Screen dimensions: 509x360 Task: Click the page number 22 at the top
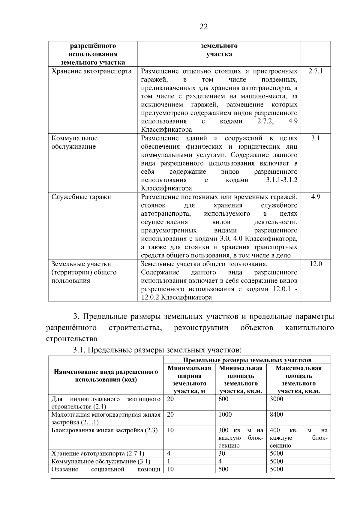click(203, 27)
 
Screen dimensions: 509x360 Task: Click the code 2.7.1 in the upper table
click(315, 71)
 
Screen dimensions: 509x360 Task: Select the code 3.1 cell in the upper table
click(315, 138)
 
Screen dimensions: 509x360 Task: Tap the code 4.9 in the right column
click(315, 197)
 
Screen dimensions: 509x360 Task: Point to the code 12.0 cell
click(316, 264)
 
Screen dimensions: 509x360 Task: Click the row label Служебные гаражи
click(81, 197)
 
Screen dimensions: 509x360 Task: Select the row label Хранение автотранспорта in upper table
click(91, 71)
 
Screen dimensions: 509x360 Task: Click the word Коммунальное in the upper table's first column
click(74, 138)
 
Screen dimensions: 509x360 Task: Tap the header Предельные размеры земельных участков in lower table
click(247, 360)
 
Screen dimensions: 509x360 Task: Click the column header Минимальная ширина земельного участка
click(189, 379)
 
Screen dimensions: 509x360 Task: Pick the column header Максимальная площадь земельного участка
click(298, 379)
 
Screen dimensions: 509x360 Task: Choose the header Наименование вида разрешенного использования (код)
click(106, 376)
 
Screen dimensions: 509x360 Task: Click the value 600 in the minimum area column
click(223, 399)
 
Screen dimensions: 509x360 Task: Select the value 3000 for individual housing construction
click(276, 399)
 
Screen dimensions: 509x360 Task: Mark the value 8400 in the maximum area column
click(276, 415)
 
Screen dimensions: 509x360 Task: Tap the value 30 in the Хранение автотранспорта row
click(222, 453)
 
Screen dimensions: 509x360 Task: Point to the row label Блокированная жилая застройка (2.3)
click(104, 430)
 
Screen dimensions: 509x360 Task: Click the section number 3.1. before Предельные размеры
click(79, 350)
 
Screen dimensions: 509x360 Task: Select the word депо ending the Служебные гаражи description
click(283, 256)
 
